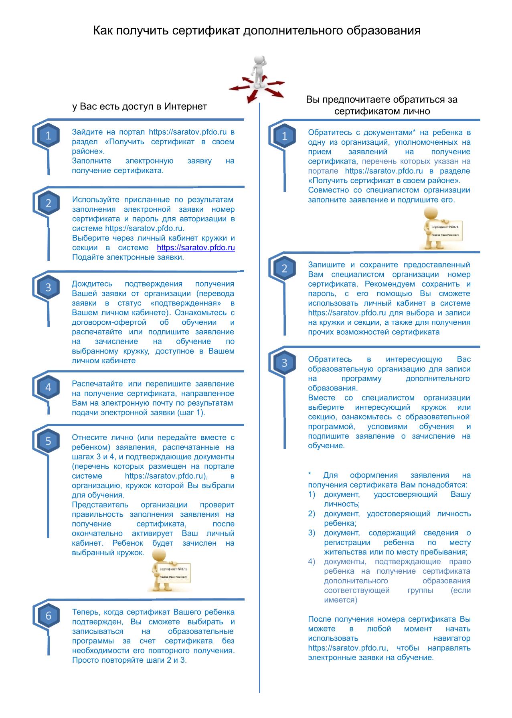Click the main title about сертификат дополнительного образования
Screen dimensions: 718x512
[257, 30]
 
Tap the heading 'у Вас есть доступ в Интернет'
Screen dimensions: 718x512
[140, 106]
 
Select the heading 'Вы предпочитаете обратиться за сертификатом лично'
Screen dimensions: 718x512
[382, 105]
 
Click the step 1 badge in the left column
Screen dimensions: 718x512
[48, 136]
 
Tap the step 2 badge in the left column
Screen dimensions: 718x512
[48, 203]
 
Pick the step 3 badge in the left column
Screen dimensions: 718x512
[48, 287]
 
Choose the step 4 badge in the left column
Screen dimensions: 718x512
[48, 387]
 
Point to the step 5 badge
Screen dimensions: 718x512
[48, 441]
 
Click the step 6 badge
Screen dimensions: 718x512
[48, 615]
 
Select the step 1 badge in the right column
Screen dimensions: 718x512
[284, 136]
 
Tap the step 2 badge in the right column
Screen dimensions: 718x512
[284, 268]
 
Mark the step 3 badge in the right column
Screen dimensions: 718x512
[284, 363]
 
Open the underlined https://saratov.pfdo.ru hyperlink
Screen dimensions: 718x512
[196, 248]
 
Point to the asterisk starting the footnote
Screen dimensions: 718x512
[310, 475]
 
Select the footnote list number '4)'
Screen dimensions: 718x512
[312, 561]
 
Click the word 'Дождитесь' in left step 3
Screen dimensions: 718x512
[92, 284]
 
